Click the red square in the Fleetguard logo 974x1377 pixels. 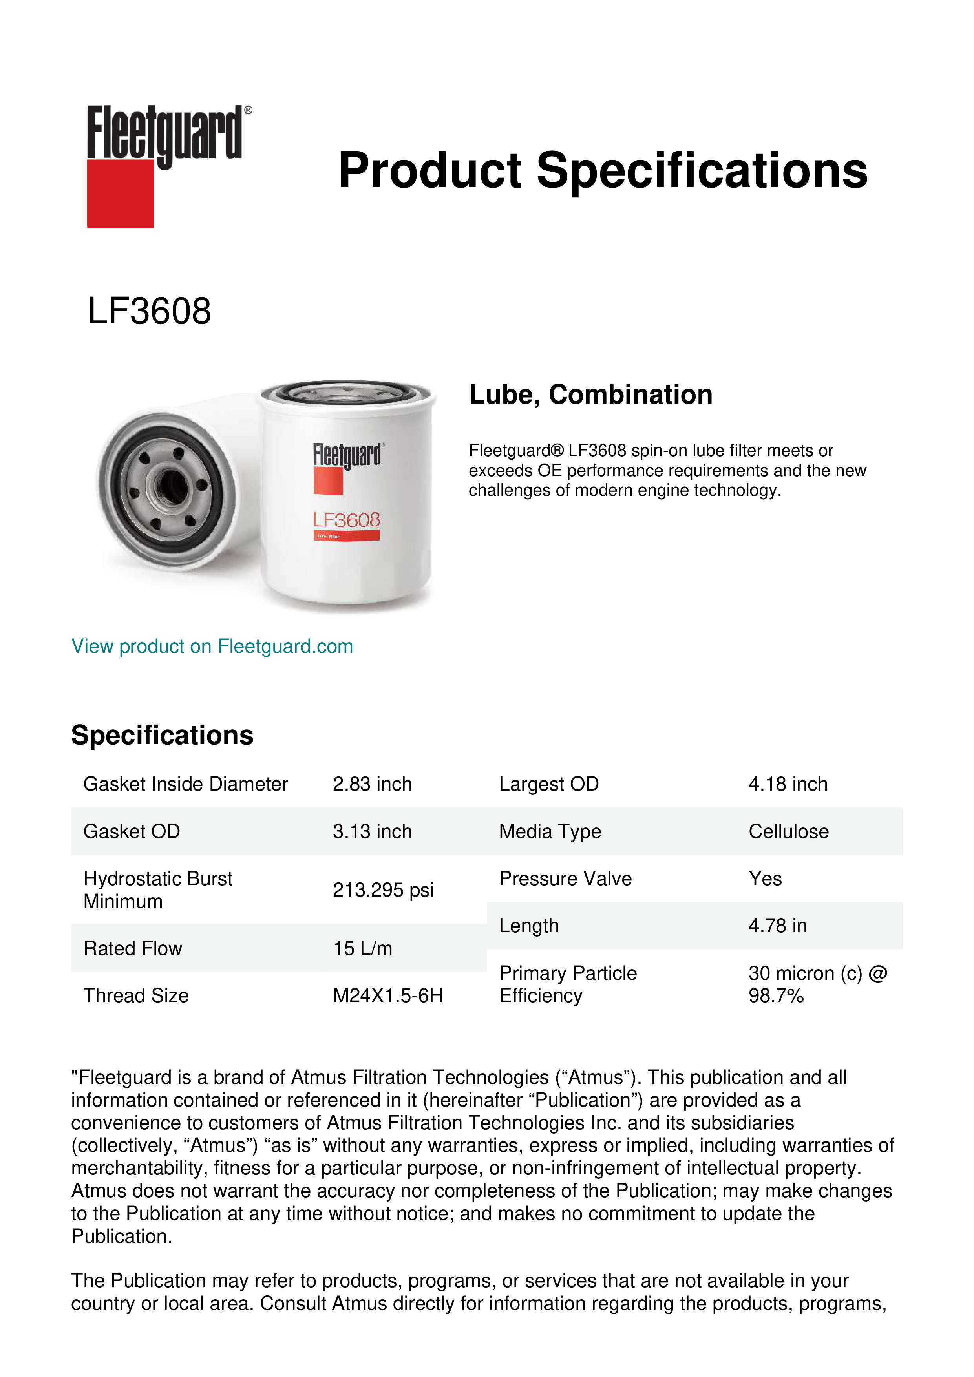[120, 193]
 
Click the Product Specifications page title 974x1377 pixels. [603, 170]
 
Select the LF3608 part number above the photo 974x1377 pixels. [149, 311]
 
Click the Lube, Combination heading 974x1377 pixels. [591, 394]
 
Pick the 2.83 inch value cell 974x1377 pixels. [373, 784]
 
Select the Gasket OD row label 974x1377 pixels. [132, 831]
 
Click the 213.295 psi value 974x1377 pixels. [383, 889]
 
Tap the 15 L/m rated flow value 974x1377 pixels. [363, 948]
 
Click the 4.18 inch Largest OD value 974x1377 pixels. [788, 784]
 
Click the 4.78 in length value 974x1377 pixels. [778, 926]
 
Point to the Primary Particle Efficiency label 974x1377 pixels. [568, 984]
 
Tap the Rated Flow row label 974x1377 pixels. [133, 948]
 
